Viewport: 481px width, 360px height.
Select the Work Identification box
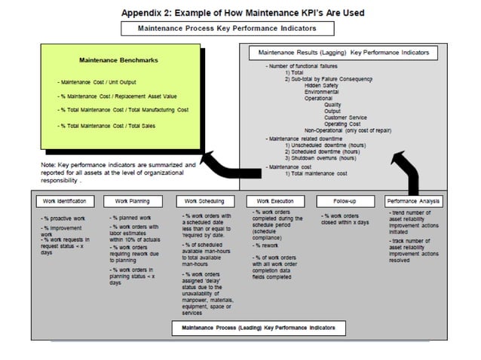click(x=65, y=201)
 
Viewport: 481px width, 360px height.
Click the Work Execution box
click(x=274, y=201)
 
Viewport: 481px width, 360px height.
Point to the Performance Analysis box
click(x=414, y=201)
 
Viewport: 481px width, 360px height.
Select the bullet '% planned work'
click(x=129, y=217)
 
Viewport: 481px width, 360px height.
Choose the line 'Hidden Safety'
click(x=322, y=85)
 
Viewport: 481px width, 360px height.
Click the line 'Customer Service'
click(x=345, y=117)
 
